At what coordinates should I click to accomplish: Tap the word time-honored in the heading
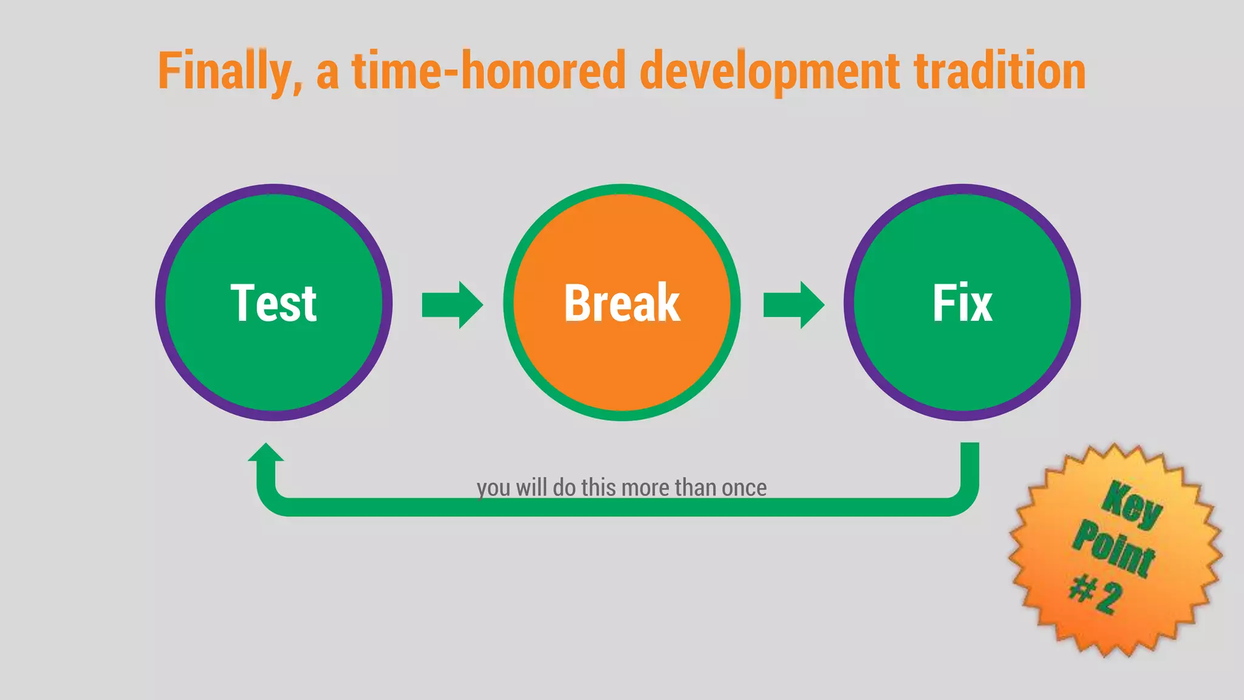(489, 72)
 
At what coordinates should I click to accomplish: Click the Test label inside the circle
(273, 303)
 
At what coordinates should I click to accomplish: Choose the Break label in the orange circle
(621, 303)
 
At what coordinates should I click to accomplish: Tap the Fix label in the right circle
(962, 303)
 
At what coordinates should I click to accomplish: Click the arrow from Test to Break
(452, 304)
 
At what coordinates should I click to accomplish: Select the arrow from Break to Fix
(793, 304)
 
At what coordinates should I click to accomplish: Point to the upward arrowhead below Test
(265, 453)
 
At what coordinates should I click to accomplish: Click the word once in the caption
(744, 488)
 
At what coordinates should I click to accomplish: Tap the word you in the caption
(493, 489)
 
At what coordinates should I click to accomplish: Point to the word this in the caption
(600, 488)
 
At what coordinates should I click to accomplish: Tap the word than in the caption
(695, 488)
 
